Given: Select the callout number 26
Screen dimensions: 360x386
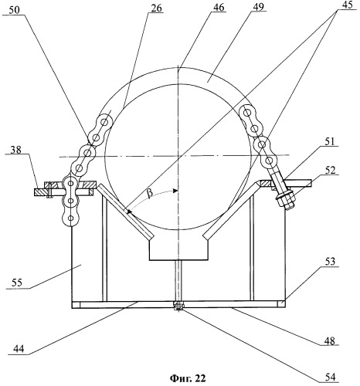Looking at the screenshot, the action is click(155, 8).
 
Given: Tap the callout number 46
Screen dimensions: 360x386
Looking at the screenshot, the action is click(218, 7).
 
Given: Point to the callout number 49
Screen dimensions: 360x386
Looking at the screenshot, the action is click(258, 7).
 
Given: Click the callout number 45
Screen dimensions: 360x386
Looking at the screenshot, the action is click(346, 5).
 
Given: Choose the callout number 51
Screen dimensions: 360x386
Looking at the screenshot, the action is click(330, 141).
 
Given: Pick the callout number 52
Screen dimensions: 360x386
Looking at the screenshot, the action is click(330, 170).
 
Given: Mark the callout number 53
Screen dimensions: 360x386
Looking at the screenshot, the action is click(330, 262).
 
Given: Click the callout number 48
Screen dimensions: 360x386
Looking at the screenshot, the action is click(330, 341).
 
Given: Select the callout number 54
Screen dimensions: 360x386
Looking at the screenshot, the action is click(330, 377).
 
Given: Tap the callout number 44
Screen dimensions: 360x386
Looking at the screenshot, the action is click(18, 349).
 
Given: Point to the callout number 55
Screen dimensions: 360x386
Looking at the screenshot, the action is click(16, 283).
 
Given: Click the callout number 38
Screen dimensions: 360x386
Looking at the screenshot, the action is click(15, 150).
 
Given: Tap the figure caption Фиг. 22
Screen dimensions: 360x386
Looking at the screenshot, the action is click(188, 378).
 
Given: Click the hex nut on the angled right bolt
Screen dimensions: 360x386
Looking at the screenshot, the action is click(286, 199).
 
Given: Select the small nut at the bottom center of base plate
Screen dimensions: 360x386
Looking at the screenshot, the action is click(178, 306).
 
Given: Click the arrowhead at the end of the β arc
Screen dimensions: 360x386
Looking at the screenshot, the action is click(175, 191).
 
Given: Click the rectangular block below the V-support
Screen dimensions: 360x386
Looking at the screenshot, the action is click(178, 251).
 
